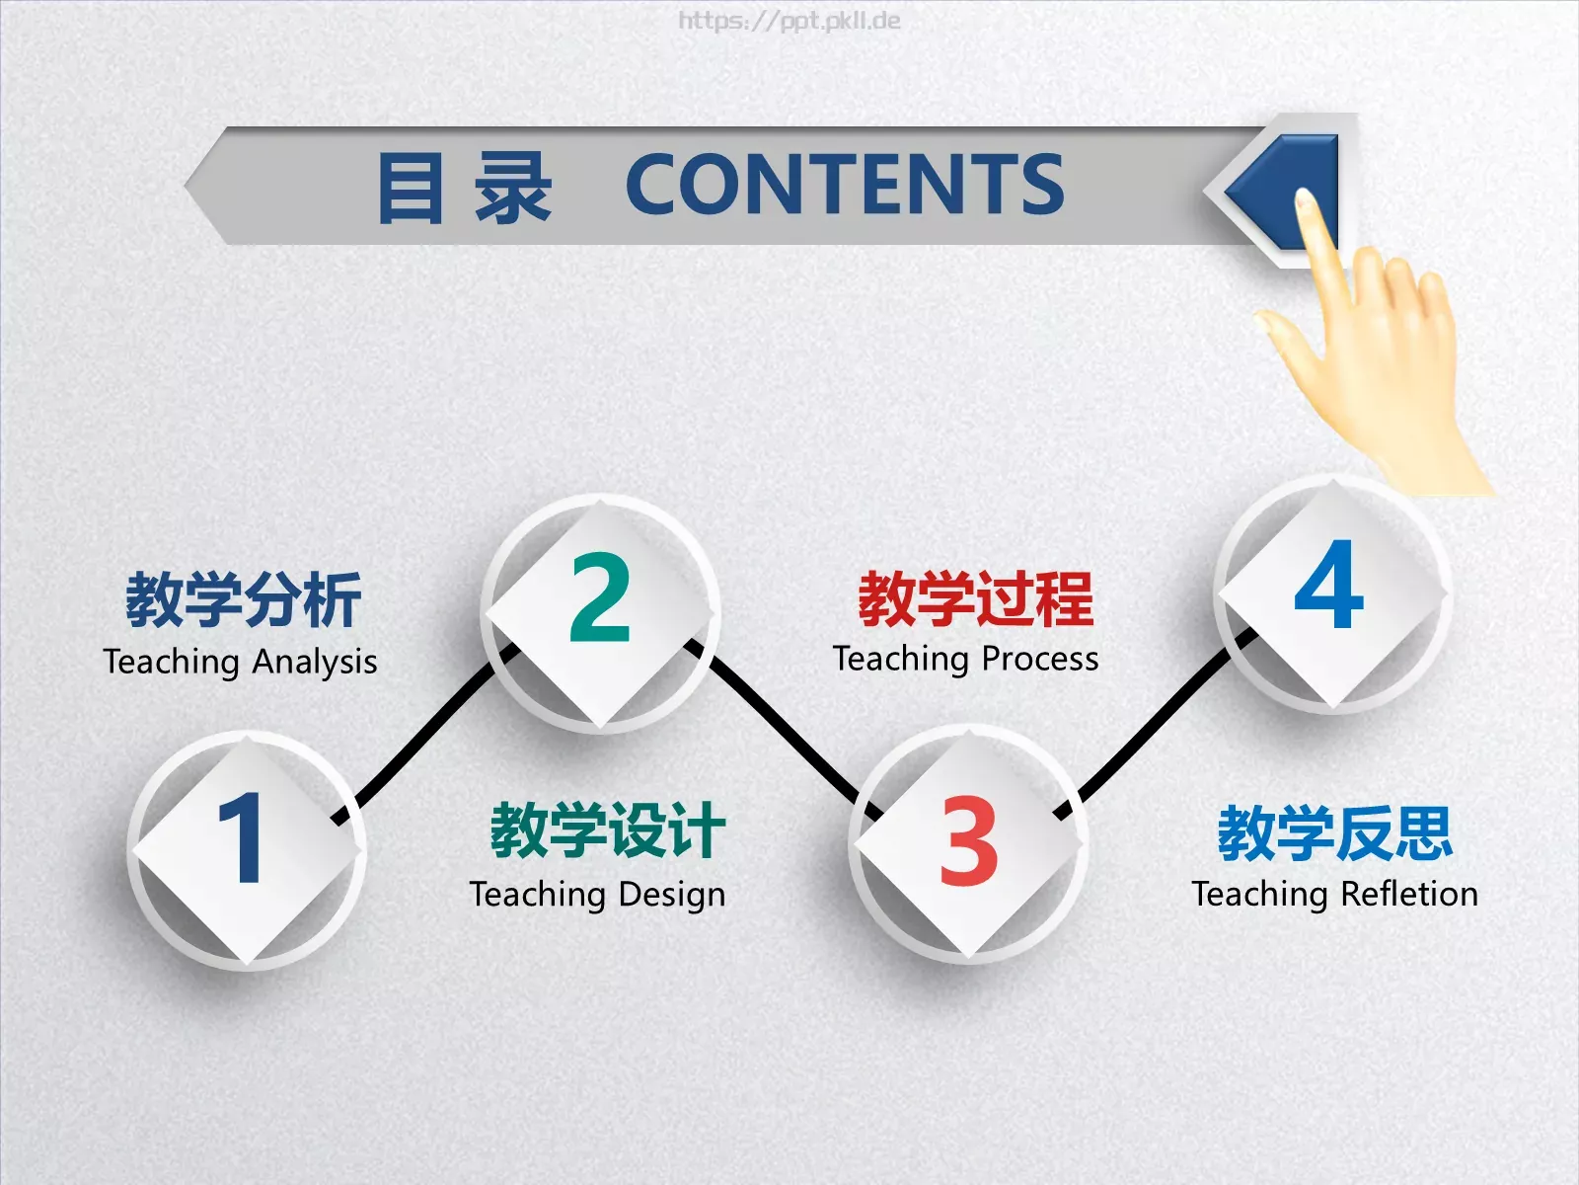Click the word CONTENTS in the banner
tap(845, 185)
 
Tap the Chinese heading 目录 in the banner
tap(464, 188)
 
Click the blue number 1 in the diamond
tap(242, 839)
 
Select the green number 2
tap(600, 597)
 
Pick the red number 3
tap(968, 841)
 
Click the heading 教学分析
tap(243, 599)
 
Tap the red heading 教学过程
tap(975, 598)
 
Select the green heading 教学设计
tap(608, 830)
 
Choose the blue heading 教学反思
tap(1334, 832)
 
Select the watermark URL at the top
tap(789, 21)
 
